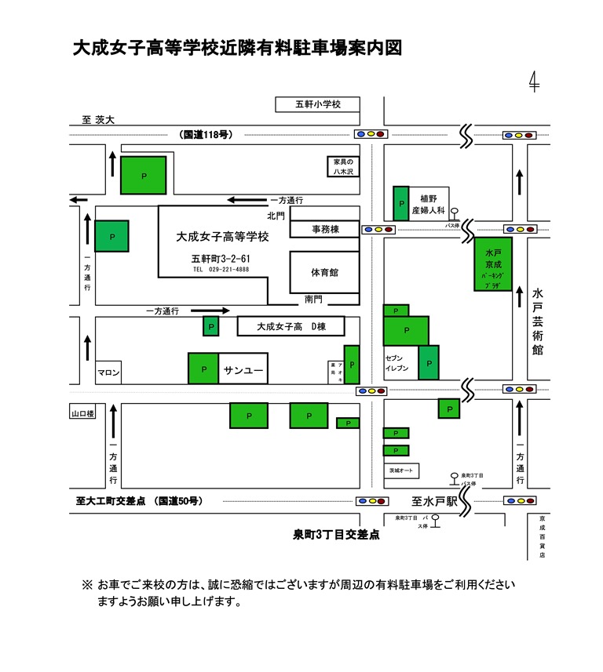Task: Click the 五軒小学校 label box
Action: click(x=317, y=104)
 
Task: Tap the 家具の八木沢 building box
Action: click(x=343, y=165)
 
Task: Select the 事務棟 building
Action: click(x=324, y=229)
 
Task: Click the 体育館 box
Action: click(x=324, y=272)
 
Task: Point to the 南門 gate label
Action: click(x=314, y=300)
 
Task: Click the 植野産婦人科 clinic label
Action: click(x=432, y=204)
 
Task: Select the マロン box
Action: click(x=108, y=373)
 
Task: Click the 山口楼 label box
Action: click(x=82, y=412)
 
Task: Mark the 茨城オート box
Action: click(x=401, y=471)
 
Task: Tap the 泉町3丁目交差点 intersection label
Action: click(x=336, y=535)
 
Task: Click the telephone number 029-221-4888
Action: click(x=221, y=269)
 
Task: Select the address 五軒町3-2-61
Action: click(x=221, y=258)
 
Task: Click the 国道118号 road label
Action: click(x=206, y=135)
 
